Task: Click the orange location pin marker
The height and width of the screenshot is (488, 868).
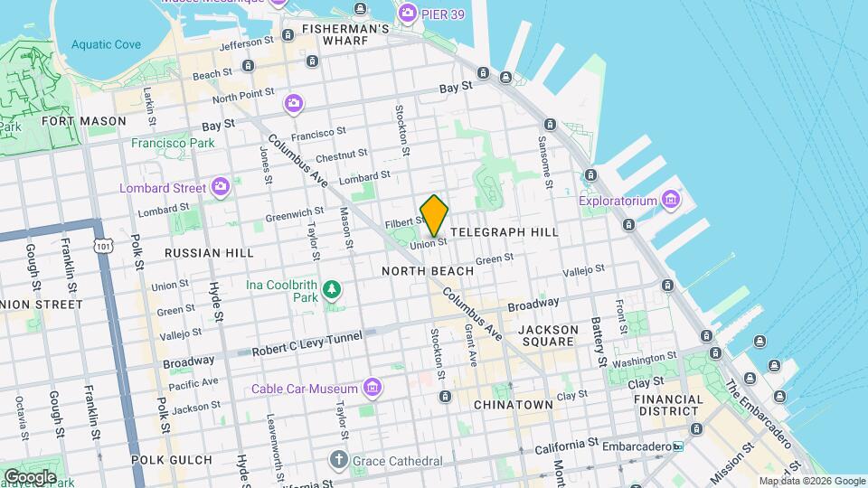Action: pyautogui.click(x=434, y=215)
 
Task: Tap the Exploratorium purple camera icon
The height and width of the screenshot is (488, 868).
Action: pyautogui.click(x=670, y=198)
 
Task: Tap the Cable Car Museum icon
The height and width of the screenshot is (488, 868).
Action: pyautogui.click(x=371, y=389)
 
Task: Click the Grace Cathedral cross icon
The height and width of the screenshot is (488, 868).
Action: pyautogui.click(x=338, y=460)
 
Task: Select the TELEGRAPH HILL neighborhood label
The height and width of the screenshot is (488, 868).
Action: pyautogui.click(x=504, y=232)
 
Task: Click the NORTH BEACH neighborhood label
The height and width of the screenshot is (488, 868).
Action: pyautogui.click(x=428, y=271)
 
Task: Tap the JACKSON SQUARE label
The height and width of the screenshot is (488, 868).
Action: pyautogui.click(x=548, y=335)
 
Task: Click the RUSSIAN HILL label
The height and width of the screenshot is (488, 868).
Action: pyautogui.click(x=205, y=254)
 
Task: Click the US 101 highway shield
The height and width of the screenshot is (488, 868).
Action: pyautogui.click(x=107, y=245)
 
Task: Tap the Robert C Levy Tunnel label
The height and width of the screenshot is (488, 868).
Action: pyautogui.click(x=307, y=342)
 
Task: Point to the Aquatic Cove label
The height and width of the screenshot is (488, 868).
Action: pyautogui.click(x=106, y=44)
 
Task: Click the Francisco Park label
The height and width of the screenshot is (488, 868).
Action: pyautogui.click(x=173, y=143)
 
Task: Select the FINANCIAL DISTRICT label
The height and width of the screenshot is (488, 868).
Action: pyautogui.click(x=668, y=406)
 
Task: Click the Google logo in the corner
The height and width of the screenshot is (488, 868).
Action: pyautogui.click(x=30, y=476)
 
